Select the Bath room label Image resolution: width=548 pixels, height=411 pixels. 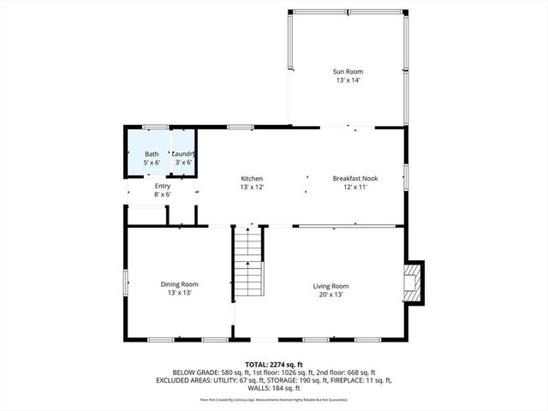tap(152, 153)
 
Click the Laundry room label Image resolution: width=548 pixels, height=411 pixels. tap(182, 153)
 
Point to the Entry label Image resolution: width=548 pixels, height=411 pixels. tap(163, 186)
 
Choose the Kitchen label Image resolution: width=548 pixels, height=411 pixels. tap(251, 178)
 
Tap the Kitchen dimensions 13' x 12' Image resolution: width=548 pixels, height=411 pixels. tap(251, 188)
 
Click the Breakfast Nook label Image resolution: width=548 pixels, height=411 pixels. tap(355, 178)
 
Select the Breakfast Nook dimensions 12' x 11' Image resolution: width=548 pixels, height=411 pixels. tap(355, 188)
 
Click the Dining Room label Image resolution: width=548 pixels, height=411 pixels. tap(179, 284)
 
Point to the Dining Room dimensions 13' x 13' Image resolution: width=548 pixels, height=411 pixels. tap(179, 294)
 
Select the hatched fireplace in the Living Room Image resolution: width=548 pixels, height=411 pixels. tap(414, 282)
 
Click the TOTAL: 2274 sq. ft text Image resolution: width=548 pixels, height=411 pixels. tap(273, 364)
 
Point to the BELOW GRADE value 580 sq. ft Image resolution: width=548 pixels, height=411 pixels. tap(229, 372)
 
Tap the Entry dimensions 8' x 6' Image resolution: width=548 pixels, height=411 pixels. tap(163, 195)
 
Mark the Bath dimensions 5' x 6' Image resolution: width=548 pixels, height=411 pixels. tap(152, 163)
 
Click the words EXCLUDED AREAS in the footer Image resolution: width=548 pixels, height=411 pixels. tap(184, 380)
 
